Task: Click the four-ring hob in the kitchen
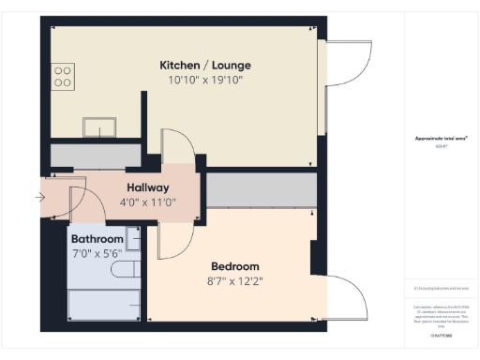point(64,75)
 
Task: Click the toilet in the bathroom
point(124,270)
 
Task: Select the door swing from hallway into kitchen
point(178,150)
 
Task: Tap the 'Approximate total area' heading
point(442,139)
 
